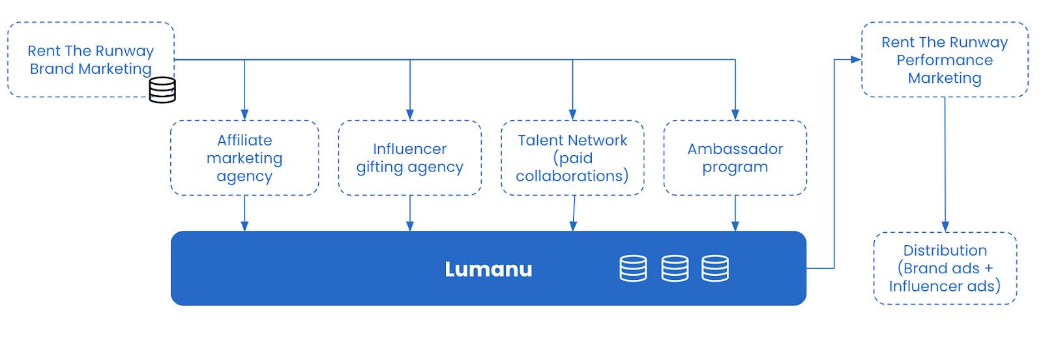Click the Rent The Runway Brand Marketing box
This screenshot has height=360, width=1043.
(91, 59)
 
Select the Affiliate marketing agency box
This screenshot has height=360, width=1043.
(244, 158)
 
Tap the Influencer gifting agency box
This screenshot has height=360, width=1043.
(410, 158)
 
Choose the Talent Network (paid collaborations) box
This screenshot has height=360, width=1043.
(572, 158)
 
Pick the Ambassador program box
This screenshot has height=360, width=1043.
(735, 158)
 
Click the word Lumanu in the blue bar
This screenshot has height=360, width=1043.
(488, 269)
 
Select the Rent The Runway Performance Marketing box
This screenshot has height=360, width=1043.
(945, 59)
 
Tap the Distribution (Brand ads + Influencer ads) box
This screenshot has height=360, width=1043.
(945, 268)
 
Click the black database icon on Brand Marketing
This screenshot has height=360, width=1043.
(162, 90)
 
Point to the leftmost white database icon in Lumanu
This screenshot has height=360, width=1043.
(633, 268)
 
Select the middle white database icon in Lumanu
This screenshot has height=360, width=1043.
(675, 268)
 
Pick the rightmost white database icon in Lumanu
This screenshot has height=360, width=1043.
(715, 268)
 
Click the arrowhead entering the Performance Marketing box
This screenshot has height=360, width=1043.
(857, 59)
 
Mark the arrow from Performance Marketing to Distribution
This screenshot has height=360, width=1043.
(945, 164)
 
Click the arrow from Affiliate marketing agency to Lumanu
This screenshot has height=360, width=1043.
(244, 213)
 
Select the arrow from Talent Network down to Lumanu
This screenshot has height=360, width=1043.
(574, 213)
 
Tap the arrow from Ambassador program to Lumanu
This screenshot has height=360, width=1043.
(735, 213)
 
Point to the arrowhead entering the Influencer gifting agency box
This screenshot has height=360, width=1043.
(410, 115)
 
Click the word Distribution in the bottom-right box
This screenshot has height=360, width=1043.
(945, 250)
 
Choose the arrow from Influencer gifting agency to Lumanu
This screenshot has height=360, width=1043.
(410, 213)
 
